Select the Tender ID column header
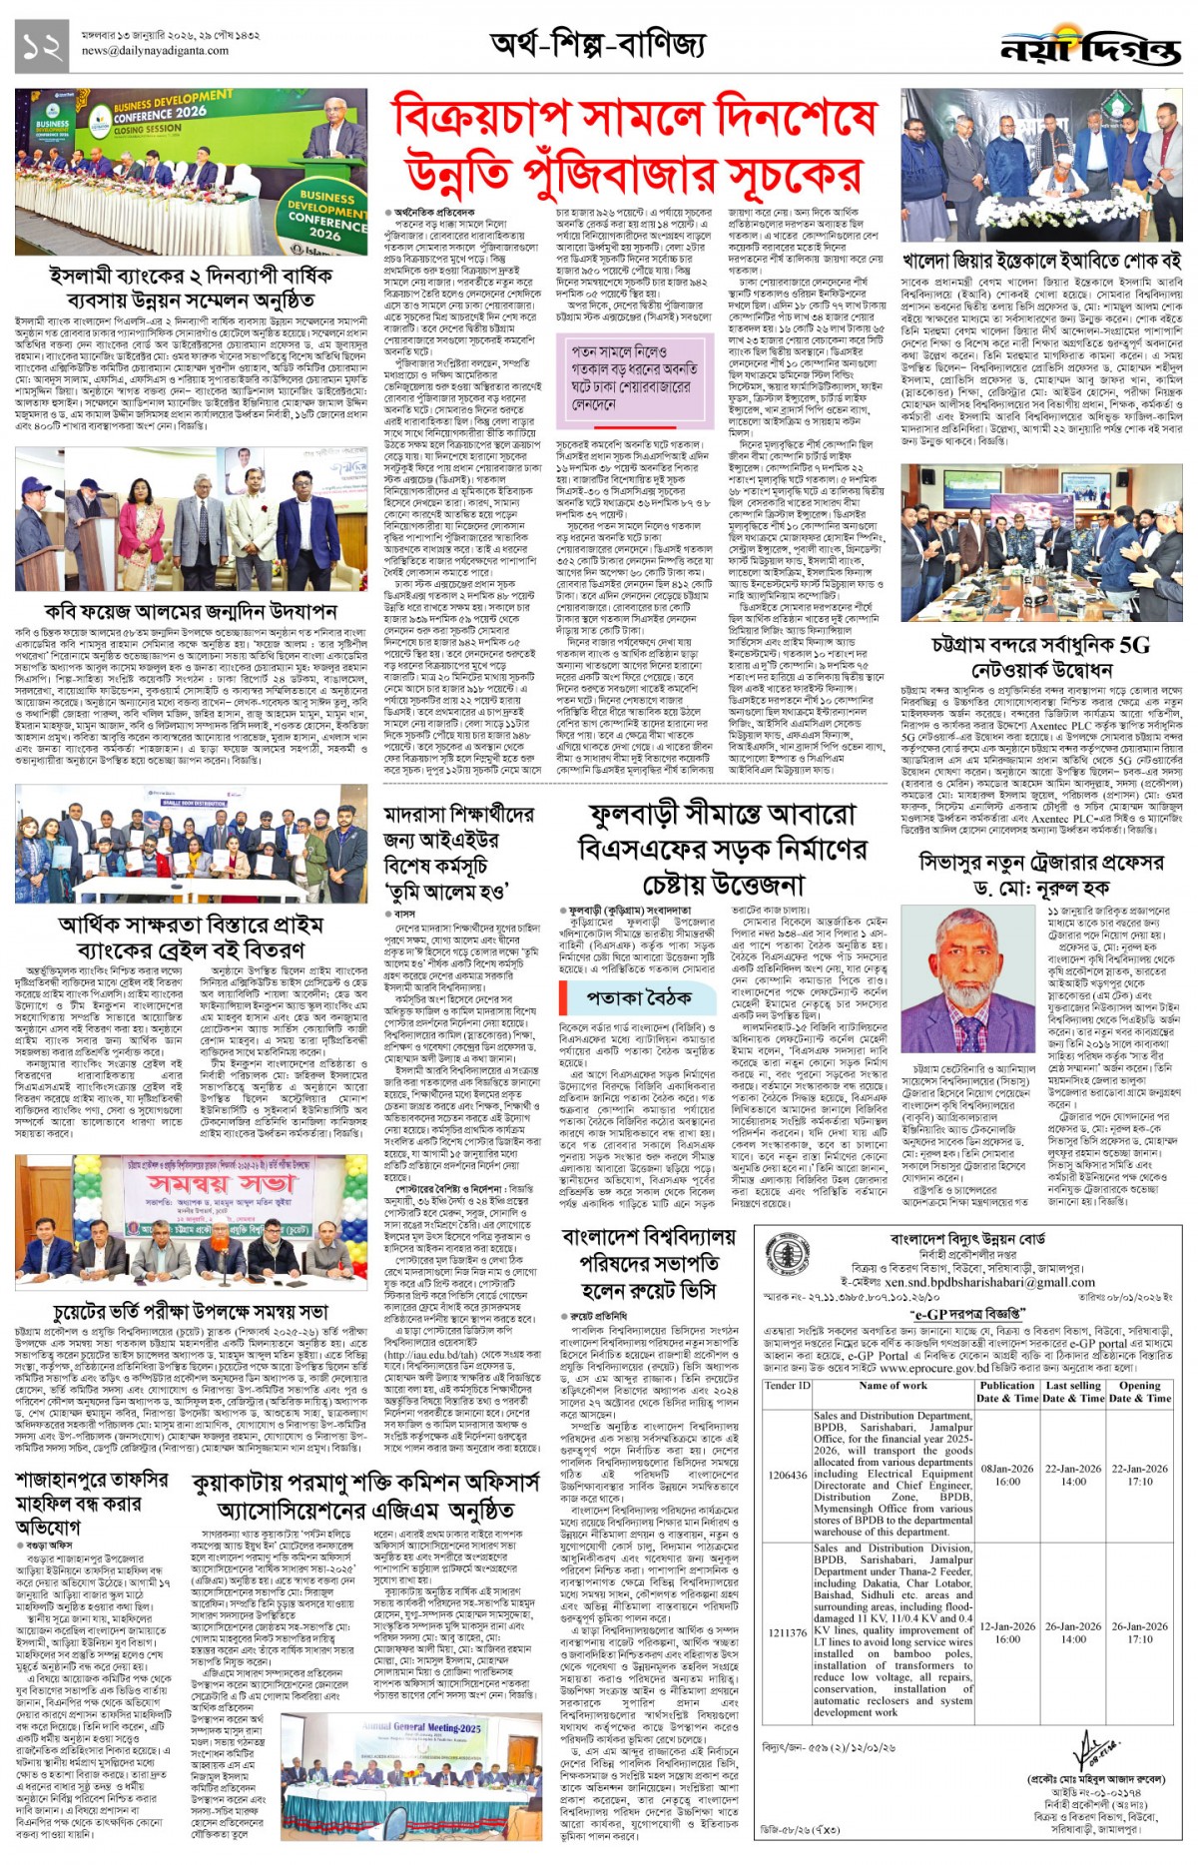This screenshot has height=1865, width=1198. click(787, 1386)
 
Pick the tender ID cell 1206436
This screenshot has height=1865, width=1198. click(788, 1475)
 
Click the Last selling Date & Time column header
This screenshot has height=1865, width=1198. click(1073, 1392)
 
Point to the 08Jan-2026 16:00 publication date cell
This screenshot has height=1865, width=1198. click(1007, 1475)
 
